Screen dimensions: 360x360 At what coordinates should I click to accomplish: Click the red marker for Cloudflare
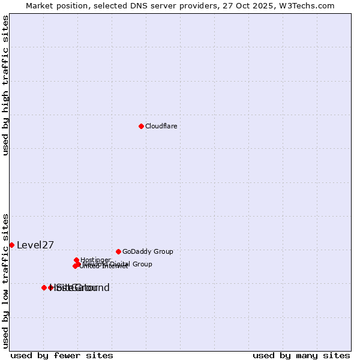coord(141,126)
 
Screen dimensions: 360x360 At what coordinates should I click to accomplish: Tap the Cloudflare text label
coord(161,126)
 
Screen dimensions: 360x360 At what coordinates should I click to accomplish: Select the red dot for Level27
coord(11,245)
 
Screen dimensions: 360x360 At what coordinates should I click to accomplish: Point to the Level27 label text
coord(35,245)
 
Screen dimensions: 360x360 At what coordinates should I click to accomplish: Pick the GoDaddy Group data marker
coord(118,251)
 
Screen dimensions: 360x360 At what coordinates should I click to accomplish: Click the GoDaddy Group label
coord(148,251)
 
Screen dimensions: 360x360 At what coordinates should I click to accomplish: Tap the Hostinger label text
coord(95,260)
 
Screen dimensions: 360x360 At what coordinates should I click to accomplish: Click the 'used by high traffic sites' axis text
coord(5,85)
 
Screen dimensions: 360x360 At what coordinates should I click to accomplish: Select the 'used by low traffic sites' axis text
coord(5,281)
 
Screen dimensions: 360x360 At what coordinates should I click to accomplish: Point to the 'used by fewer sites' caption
coord(62,355)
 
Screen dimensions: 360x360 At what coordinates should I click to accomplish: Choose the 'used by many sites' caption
coord(301,355)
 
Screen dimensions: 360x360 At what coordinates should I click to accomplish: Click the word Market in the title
coord(39,5)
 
